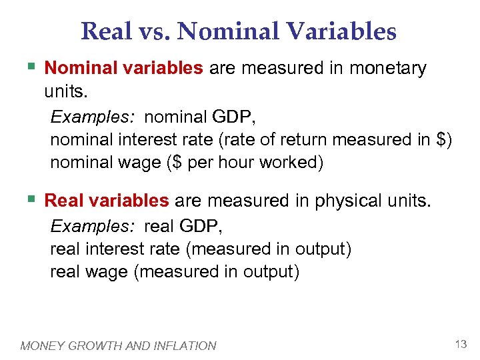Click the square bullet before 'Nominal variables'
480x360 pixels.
[x=31, y=67]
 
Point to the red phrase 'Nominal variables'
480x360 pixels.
[x=123, y=68]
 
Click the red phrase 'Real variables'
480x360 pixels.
[x=107, y=201]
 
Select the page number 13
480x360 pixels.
[x=460, y=344]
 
